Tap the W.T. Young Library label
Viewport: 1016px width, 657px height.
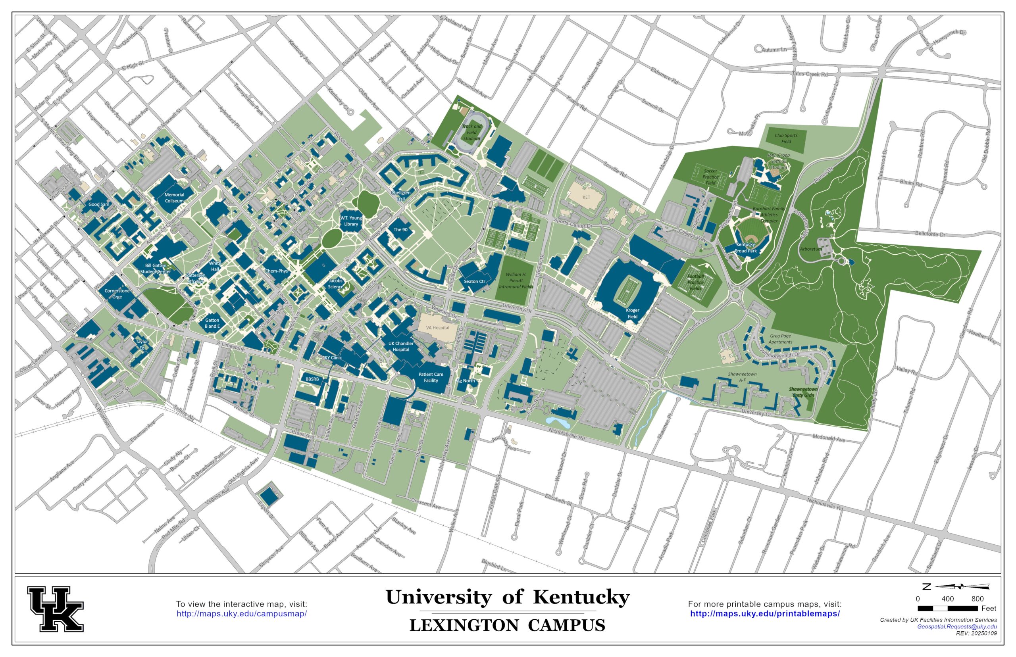pyautogui.click(x=351, y=221)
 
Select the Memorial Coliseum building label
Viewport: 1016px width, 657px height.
pyautogui.click(x=174, y=198)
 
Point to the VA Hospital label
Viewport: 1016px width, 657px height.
pyautogui.click(x=437, y=328)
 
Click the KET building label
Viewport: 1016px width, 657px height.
pyautogui.click(x=586, y=197)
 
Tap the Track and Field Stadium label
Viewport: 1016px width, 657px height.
pyautogui.click(x=471, y=132)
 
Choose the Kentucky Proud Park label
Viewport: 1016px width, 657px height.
pyautogui.click(x=745, y=248)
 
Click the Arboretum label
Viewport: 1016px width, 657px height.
pyautogui.click(x=810, y=249)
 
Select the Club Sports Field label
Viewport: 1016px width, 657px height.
pyautogui.click(x=785, y=138)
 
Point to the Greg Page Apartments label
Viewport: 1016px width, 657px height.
pyautogui.click(x=781, y=339)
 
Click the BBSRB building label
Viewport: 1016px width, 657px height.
pyautogui.click(x=312, y=379)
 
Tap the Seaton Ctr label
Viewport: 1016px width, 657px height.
pyautogui.click(x=474, y=281)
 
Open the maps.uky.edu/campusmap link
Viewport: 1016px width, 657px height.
pyautogui.click(x=242, y=614)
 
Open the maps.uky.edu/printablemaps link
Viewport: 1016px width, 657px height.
pyautogui.click(x=765, y=614)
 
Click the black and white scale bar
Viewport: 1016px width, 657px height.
pyautogui.click(x=947, y=608)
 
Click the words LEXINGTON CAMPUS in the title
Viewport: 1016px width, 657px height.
pyautogui.click(x=507, y=625)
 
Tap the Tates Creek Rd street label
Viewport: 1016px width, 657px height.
pyautogui.click(x=810, y=74)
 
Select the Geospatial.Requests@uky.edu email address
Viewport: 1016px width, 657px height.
pyautogui.click(x=957, y=627)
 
